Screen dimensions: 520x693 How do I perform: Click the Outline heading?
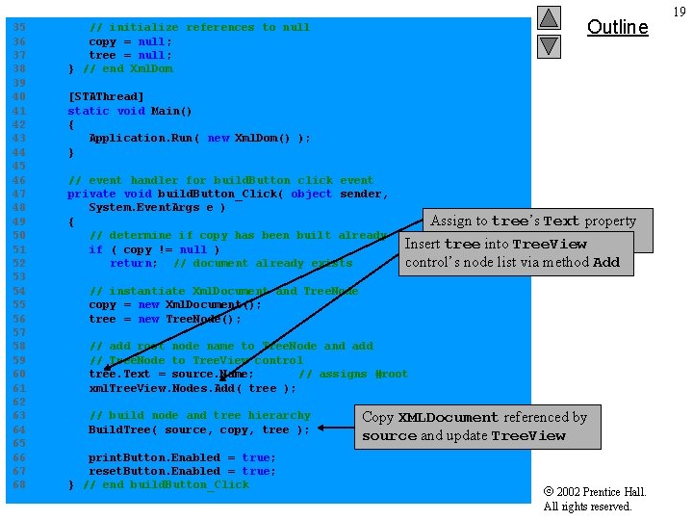(x=617, y=27)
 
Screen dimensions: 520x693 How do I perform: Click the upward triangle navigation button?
(x=548, y=17)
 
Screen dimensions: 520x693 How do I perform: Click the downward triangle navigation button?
(x=548, y=45)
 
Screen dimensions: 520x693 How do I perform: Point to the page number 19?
(x=680, y=12)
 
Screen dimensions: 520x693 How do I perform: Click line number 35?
(x=19, y=28)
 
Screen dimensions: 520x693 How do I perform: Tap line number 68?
(x=19, y=485)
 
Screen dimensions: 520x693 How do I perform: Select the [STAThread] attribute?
(x=106, y=97)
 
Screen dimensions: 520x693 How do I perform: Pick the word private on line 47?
(x=91, y=195)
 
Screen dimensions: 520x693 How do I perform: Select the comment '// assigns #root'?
(x=352, y=375)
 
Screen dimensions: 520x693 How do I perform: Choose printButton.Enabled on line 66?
(x=154, y=458)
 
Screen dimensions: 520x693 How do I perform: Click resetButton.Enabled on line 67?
(x=154, y=472)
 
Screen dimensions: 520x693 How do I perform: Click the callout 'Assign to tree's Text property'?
(x=532, y=221)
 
